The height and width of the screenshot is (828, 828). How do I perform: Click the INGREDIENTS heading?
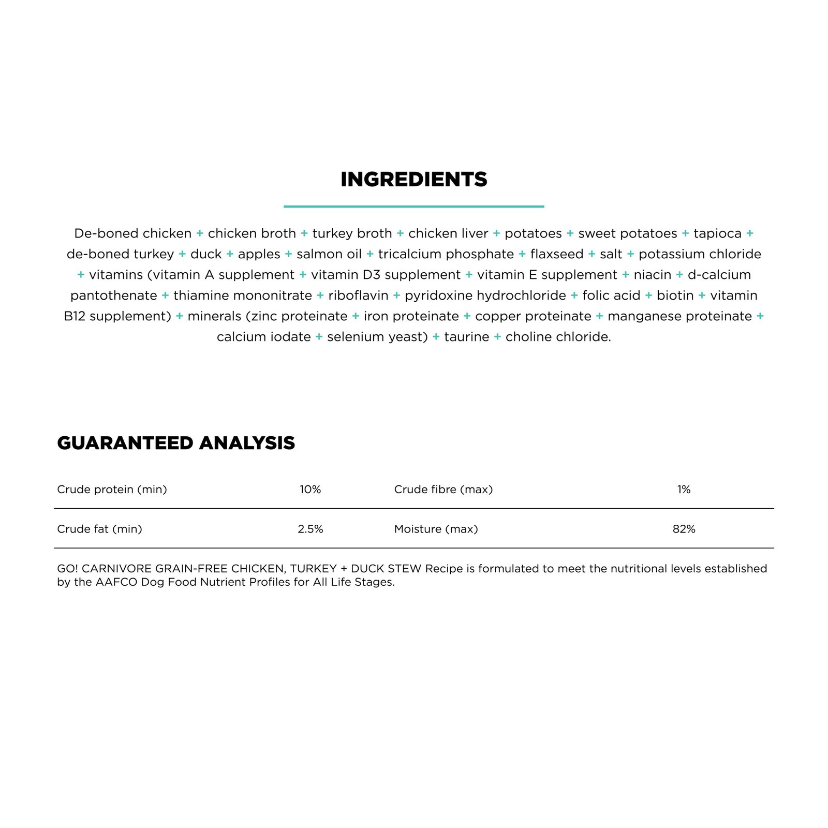click(x=413, y=180)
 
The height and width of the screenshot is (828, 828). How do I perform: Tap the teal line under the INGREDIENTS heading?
click(x=413, y=206)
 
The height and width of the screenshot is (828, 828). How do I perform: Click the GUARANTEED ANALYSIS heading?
click(x=175, y=443)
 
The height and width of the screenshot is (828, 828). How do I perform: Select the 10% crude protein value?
click(x=310, y=490)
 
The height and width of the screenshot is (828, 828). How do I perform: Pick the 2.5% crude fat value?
click(x=310, y=529)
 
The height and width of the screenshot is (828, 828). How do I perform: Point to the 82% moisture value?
click(x=684, y=529)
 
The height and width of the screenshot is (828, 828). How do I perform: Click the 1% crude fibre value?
click(x=684, y=490)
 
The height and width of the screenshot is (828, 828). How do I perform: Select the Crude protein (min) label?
click(x=112, y=490)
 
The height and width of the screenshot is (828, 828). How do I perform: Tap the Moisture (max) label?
click(x=436, y=529)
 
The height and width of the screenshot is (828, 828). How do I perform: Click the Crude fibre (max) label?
click(x=443, y=490)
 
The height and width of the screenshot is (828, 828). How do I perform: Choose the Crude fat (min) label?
click(x=99, y=529)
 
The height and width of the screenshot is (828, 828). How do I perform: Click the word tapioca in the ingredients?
click(x=717, y=233)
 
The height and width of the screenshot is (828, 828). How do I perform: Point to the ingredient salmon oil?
click(x=329, y=254)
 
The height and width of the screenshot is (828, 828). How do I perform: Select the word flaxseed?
click(x=556, y=254)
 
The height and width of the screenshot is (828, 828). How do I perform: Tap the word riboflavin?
click(x=358, y=295)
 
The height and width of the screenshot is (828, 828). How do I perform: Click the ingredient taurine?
click(x=466, y=337)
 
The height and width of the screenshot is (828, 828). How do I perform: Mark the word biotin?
click(x=675, y=295)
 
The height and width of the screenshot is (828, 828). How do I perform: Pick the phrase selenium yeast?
click(x=377, y=337)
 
